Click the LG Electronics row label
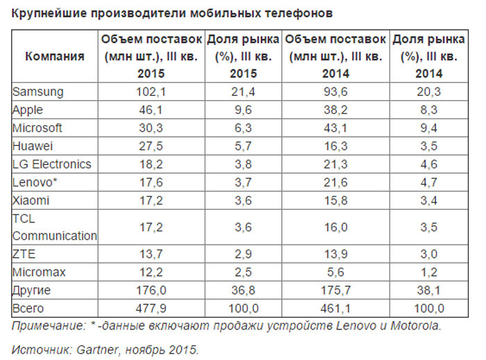tap(52, 164)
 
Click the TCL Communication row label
tap(55, 227)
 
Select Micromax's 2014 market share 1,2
tap(430, 272)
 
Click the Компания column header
tap(54, 56)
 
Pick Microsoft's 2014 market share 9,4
tap(430, 128)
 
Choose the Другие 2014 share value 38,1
tap(430, 290)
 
